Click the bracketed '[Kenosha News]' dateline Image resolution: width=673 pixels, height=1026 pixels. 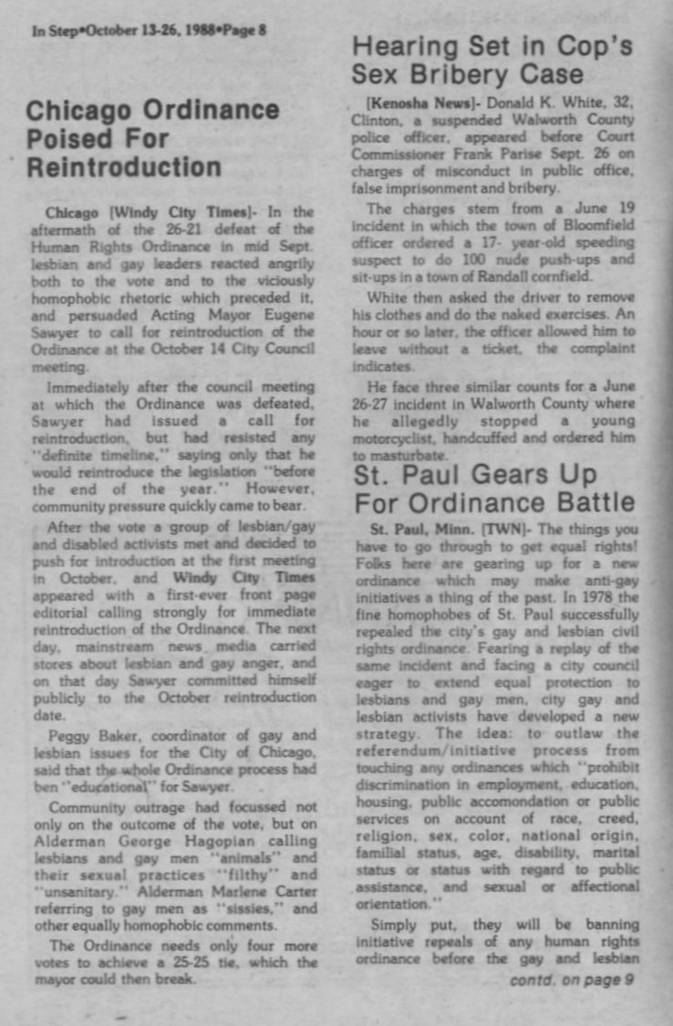click(409, 101)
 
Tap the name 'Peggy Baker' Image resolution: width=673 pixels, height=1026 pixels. click(84, 736)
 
